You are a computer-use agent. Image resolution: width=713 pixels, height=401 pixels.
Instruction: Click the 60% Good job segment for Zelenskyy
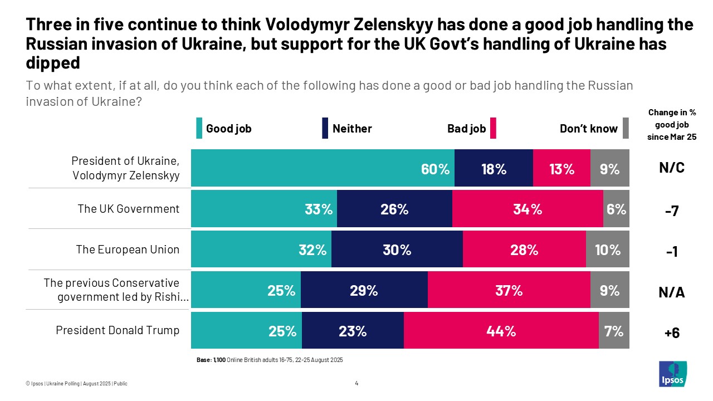(323, 168)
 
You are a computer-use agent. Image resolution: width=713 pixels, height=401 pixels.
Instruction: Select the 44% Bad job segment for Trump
(501, 331)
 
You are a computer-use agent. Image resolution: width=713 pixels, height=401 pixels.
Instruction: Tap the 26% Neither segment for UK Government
(394, 209)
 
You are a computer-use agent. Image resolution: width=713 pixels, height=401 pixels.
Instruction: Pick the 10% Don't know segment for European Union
(607, 250)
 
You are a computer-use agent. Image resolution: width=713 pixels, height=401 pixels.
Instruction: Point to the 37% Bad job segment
(509, 290)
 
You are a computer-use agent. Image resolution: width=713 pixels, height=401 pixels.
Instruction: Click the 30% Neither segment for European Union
(397, 250)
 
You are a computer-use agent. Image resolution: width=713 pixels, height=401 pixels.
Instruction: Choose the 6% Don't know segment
(616, 209)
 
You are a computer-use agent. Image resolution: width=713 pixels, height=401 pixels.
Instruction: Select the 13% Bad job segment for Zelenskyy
(561, 168)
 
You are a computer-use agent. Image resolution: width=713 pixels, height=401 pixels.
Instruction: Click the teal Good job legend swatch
(199, 128)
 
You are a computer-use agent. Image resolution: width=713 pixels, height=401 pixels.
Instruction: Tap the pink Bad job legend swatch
(493, 128)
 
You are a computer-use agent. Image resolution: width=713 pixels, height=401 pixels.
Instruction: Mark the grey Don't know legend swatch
(626, 128)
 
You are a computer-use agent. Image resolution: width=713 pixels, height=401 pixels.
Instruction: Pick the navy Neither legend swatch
(325, 128)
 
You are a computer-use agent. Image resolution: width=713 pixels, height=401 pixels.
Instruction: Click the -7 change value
(672, 210)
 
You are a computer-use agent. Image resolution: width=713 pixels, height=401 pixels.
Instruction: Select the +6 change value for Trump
(672, 332)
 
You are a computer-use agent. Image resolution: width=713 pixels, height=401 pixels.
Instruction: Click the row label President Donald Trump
(118, 330)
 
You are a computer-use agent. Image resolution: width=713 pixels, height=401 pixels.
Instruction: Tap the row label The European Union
(128, 249)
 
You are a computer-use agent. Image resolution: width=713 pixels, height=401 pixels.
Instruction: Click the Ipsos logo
(672, 374)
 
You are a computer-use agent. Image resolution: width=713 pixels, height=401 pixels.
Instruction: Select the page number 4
(356, 383)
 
